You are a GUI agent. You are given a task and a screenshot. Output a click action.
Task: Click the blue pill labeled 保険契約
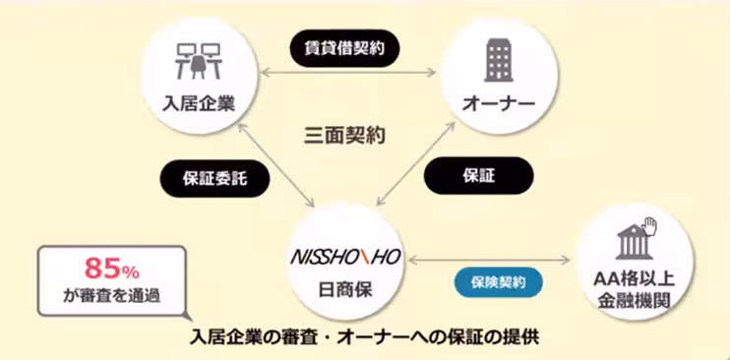tap(498, 282)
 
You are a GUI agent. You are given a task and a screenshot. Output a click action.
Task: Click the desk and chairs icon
tap(201, 62)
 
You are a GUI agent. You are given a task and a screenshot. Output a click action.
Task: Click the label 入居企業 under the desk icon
tap(201, 102)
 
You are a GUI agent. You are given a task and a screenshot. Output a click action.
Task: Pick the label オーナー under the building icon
tap(498, 102)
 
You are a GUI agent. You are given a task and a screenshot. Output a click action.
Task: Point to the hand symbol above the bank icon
tap(648, 226)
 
